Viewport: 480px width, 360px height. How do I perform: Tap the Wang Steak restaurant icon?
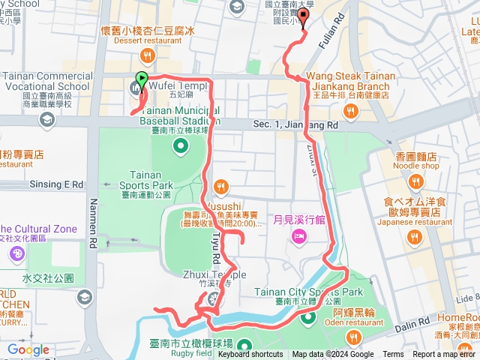(x=349, y=112)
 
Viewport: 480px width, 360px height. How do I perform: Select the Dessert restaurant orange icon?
(x=148, y=55)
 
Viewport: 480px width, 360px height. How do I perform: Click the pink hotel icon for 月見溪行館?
(x=297, y=236)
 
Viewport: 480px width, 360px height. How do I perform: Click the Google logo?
(x=28, y=349)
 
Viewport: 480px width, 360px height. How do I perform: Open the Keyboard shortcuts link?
(x=250, y=355)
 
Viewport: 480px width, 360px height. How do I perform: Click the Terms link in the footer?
(x=393, y=355)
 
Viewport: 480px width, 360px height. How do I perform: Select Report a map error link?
(x=444, y=355)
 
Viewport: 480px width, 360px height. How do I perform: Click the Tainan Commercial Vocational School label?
(x=46, y=81)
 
